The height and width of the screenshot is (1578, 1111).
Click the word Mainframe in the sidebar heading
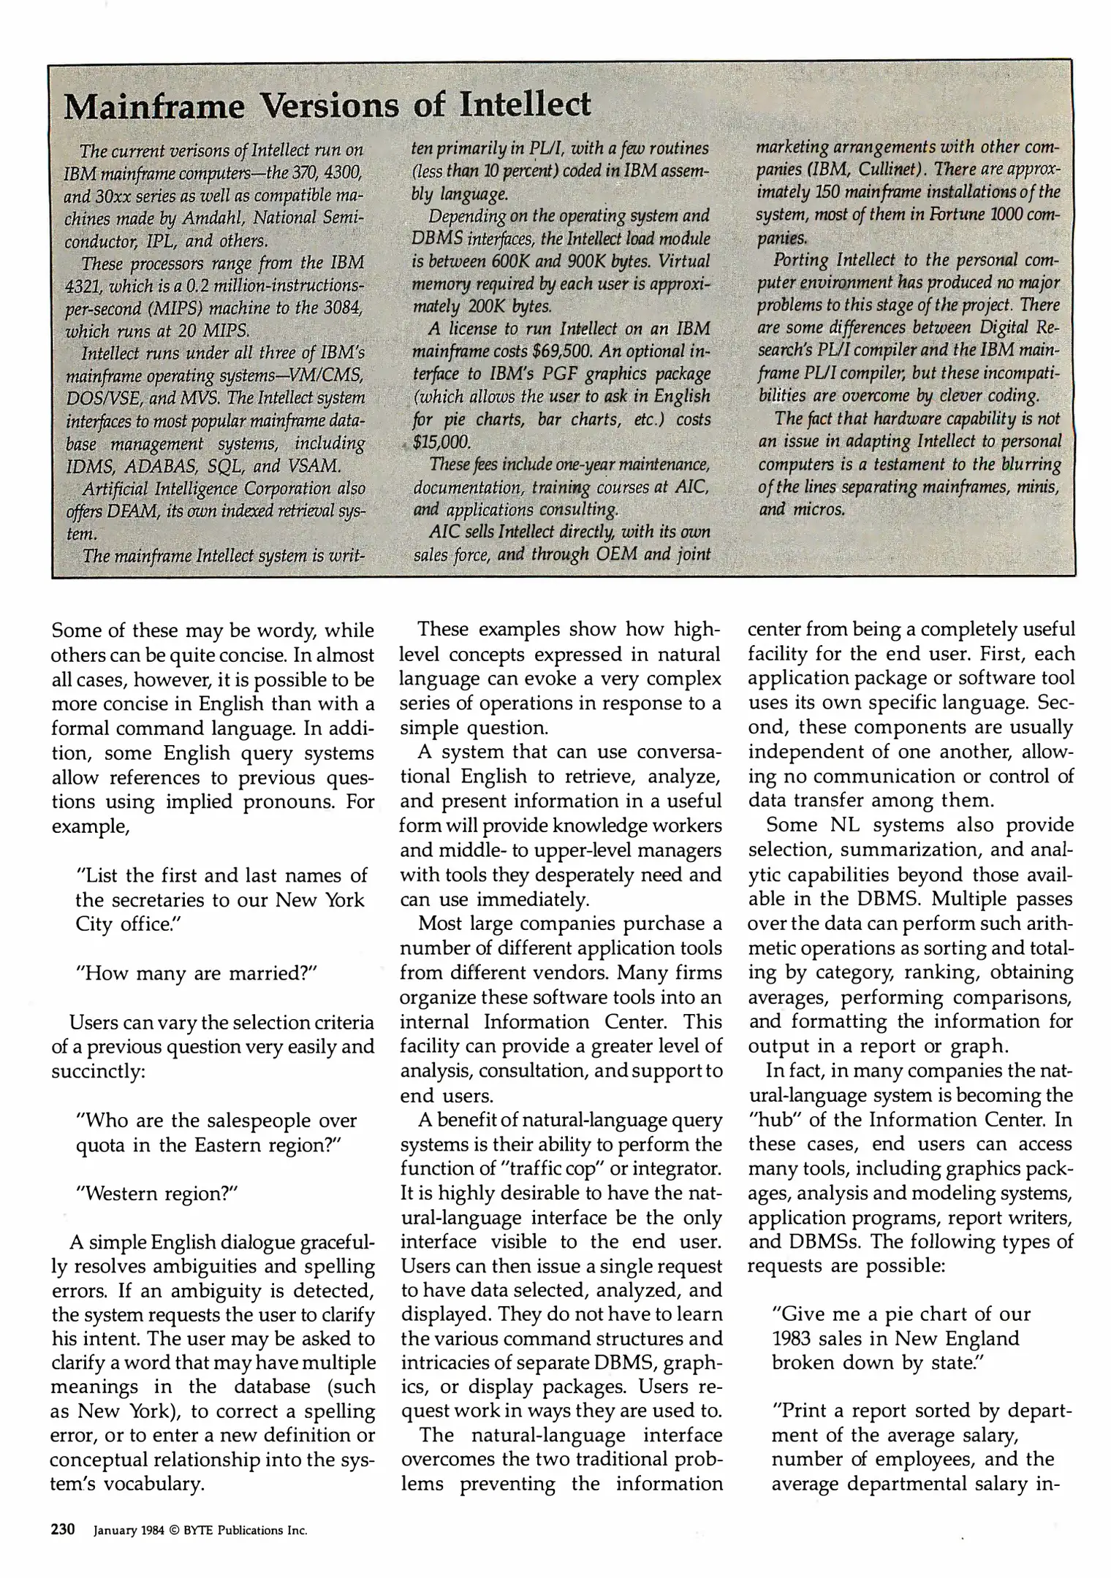click(x=155, y=107)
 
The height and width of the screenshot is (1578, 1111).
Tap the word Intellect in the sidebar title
click(x=524, y=104)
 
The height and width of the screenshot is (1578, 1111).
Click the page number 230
click(x=64, y=1529)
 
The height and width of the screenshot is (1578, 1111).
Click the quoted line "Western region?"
click(x=158, y=1193)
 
